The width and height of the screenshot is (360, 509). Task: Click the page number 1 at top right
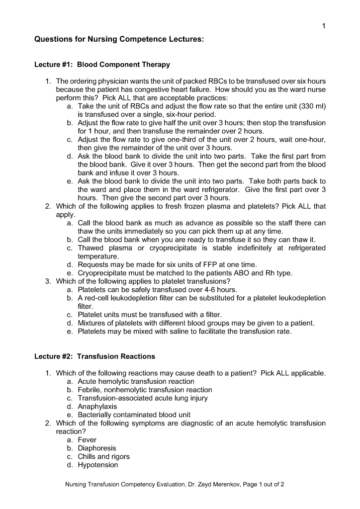324,26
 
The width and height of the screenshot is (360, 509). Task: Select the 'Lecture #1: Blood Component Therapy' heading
102,65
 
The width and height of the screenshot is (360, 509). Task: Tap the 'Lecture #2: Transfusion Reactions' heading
94,356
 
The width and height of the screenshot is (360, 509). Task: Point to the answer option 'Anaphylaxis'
97,407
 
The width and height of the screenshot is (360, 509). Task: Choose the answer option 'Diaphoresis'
97,448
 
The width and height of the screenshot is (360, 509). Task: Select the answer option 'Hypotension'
98,465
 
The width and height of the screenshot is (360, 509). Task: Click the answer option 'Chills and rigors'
103,457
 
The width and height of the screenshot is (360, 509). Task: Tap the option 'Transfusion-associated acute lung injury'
143,398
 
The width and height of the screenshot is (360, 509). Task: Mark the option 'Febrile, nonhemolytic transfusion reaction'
145,390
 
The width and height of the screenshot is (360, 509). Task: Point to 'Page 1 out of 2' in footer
263,485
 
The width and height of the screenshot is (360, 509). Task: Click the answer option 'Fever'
87,440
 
